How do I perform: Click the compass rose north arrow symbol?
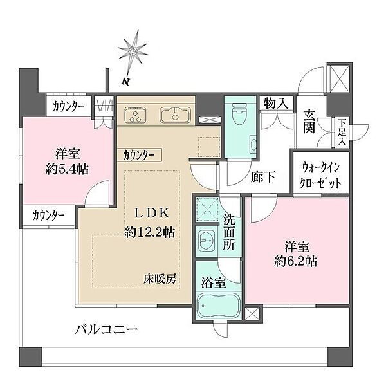(x=133, y=51)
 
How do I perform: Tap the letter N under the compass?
(x=126, y=82)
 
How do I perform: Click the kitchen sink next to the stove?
(x=175, y=115)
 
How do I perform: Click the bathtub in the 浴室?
(x=218, y=306)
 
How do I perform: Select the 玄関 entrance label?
(x=309, y=122)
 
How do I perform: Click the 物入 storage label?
(x=276, y=103)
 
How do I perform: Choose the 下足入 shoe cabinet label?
(x=342, y=133)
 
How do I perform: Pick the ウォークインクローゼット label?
(x=320, y=175)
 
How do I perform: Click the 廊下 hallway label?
(x=263, y=177)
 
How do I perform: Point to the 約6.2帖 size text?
(x=296, y=261)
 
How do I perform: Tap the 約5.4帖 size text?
(x=67, y=169)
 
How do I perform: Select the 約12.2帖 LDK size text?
(x=150, y=232)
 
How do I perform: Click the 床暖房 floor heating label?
(x=160, y=279)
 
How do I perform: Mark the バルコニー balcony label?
(x=106, y=329)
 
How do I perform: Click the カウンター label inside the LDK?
(x=139, y=155)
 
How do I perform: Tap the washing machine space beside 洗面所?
(x=207, y=210)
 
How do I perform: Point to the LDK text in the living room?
(x=151, y=213)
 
